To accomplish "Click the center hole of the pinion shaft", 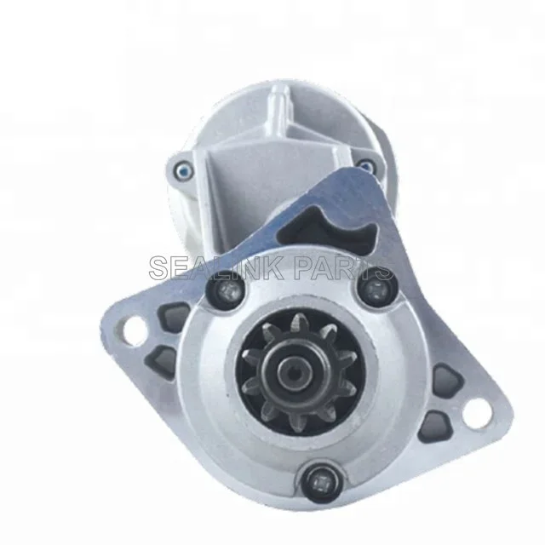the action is click(x=295, y=376).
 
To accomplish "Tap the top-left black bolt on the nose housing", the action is click(x=225, y=290).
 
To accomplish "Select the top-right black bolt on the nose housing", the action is click(x=376, y=289).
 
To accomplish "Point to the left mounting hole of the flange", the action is click(x=135, y=330).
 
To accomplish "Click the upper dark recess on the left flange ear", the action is click(x=174, y=316).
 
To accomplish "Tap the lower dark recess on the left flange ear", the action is click(x=161, y=361).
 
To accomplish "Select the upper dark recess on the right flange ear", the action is click(x=449, y=380).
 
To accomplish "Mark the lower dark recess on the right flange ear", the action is click(x=434, y=426).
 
